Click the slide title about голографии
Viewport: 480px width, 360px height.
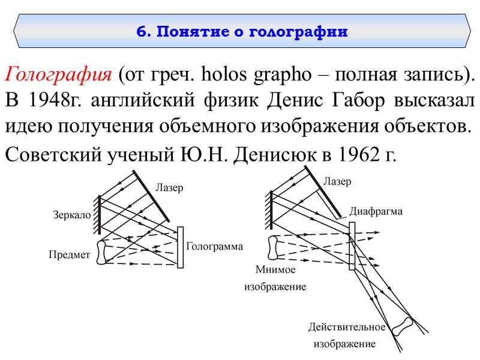tap(242, 31)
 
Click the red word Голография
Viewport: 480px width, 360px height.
tap(58, 76)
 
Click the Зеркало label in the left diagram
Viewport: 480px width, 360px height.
tap(71, 214)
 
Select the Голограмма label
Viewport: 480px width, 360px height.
tap(214, 247)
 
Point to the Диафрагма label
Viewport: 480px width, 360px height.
tap(376, 211)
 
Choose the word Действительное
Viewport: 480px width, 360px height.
tap(346, 327)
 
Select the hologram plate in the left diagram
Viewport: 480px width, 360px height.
tap(181, 247)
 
